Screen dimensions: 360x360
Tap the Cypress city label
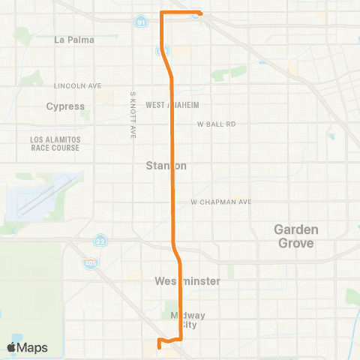pyautogui.click(x=66, y=106)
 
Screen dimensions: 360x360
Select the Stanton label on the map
pyautogui.click(x=166, y=166)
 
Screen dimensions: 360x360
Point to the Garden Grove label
pyautogui.click(x=295, y=236)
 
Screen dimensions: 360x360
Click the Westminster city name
pyautogui.click(x=187, y=281)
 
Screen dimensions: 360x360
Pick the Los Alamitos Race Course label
pyautogui.click(x=54, y=143)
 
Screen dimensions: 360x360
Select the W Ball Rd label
pyautogui.click(x=217, y=124)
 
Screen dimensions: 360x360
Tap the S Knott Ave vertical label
pyautogui.click(x=133, y=115)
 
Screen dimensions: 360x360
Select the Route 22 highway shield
pyautogui.click(x=100, y=241)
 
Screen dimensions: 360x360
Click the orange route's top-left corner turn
pyautogui.click(x=163, y=13)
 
